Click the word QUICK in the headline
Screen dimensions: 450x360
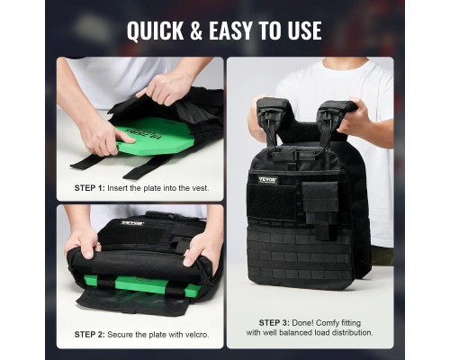pyautogui.click(x=156, y=31)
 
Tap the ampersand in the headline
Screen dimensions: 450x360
pyautogui.click(x=196, y=31)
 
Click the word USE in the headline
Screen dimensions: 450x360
pyautogui.click(x=305, y=31)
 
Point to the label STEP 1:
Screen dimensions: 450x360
pyautogui.click(x=90, y=188)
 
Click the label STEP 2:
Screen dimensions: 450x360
pyautogui.click(x=90, y=335)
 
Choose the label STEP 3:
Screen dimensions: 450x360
pyautogui.click(x=274, y=323)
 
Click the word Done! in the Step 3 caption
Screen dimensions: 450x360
pyautogui.click(x=303, y=323)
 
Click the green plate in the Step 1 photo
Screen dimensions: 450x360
pyautogui.click(x=156, y=137)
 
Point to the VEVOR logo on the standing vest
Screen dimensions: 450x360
pyautogui.click(x=268, y=180)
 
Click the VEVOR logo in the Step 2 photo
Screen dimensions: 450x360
pyautogui.click(x=133, y=223)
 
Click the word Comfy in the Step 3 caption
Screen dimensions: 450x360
pyautogui.click(x=328, y=323)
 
